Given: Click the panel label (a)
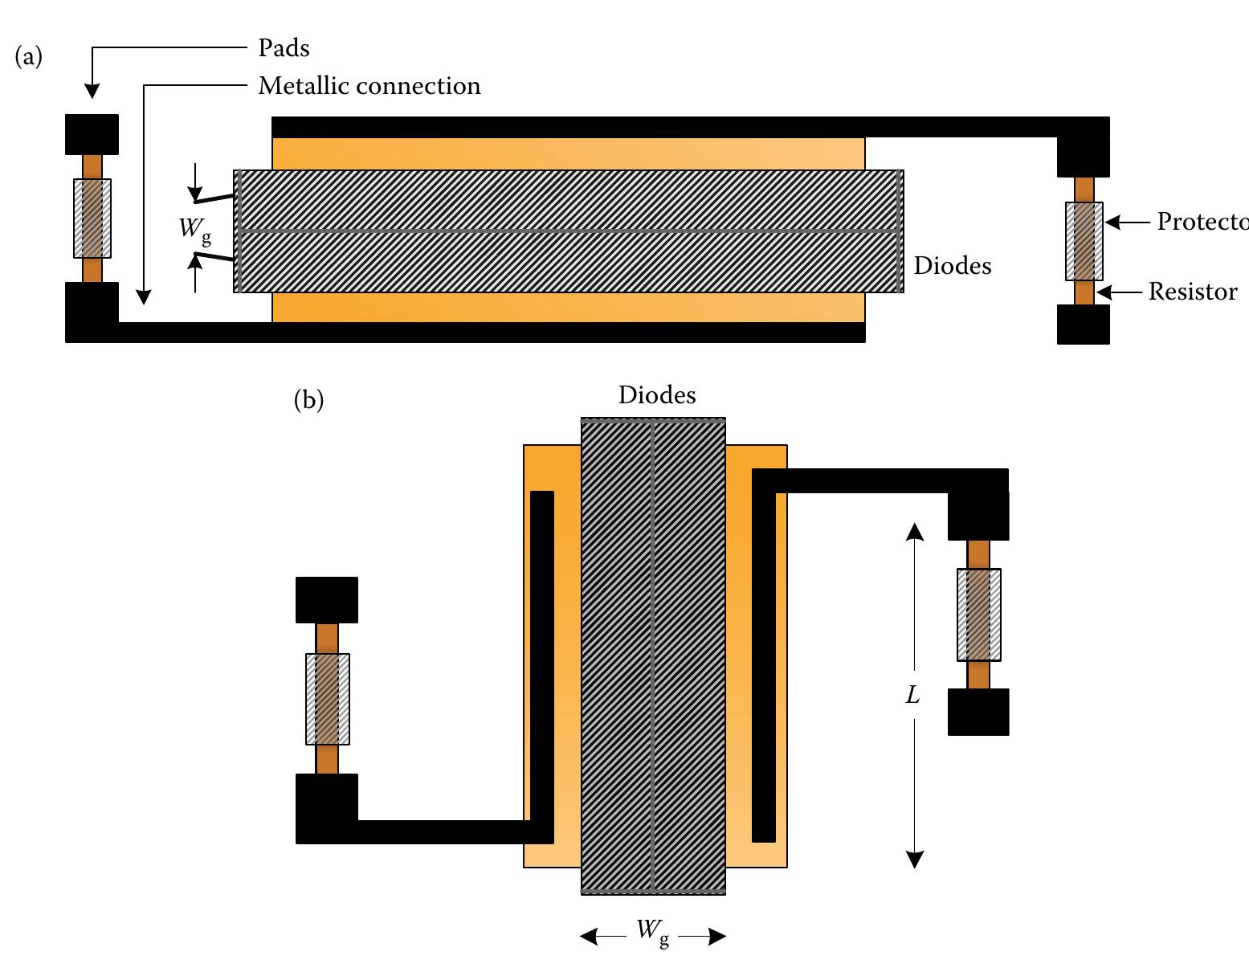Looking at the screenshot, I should pos(29,56).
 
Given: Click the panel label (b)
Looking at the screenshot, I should pos(308,399).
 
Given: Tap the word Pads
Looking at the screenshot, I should pos(284,48).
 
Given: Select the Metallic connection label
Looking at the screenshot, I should pos(369,86).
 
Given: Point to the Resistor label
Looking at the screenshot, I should pos(1192,292).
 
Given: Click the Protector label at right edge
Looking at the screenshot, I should pos(1202,222).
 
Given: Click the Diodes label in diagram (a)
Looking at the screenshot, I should pos(952,266).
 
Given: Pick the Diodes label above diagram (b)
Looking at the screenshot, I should pos(656,395).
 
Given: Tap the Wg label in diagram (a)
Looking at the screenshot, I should pos(194,229).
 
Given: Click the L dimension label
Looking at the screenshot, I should pos(913,696).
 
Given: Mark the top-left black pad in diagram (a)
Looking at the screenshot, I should pos(92,134).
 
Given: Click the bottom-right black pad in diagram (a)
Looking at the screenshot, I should pos(1083,325).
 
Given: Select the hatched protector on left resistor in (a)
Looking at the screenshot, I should pos(92,218).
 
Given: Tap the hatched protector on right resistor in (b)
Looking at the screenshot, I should pos(978,615).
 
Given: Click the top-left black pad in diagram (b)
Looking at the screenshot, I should pos(326,600).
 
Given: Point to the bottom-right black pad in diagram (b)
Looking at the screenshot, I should pos(978,712).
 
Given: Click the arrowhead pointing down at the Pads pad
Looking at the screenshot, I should pos(92,92).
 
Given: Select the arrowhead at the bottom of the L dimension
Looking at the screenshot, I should pos(914,860).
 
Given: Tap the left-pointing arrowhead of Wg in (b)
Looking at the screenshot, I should pos(589,937).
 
